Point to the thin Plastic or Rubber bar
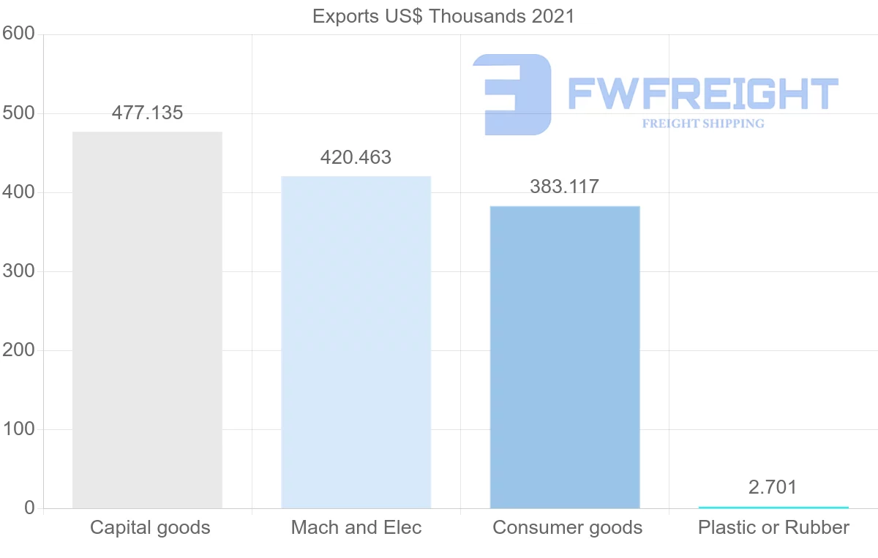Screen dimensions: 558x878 773,507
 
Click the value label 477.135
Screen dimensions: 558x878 147,113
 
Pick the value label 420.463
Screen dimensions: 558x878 356,157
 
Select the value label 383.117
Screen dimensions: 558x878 564,186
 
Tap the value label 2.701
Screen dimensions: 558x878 773,487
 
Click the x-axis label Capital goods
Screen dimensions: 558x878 150,527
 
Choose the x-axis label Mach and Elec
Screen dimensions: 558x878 356,527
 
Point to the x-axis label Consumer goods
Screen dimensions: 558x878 567,527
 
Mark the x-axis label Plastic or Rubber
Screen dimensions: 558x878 773,527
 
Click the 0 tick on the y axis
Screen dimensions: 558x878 29,508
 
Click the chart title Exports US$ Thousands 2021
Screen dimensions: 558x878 443,16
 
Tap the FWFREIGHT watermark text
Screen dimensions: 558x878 702,94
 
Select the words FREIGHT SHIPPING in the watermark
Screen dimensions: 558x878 702,124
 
